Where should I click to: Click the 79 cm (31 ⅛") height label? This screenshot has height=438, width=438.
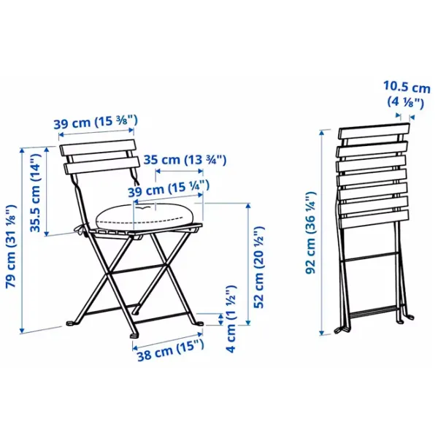(12, 247)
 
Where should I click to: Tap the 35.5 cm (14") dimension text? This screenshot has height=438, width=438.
(36, 193)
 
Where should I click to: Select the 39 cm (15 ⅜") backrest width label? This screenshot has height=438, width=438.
(96, 122)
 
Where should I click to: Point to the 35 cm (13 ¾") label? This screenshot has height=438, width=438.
(185, 160)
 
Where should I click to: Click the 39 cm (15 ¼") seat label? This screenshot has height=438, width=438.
(169, 189)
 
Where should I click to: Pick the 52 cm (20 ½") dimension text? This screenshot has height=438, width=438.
(258, 267)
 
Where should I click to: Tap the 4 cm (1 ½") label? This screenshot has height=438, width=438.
(231, 319)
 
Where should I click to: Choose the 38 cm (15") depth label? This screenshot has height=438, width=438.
(170, 350)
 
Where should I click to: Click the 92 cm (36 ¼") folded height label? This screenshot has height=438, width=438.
(311, 232)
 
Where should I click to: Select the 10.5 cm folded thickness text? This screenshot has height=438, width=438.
(406, 87)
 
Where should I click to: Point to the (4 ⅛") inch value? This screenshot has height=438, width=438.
(406, 102)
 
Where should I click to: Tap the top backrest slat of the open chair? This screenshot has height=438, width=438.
(98, 147)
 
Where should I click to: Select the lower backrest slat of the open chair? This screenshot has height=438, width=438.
(101, 166)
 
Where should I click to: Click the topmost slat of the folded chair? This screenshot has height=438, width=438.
(374, 131)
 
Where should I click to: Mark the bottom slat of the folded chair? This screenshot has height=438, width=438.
(374, 218)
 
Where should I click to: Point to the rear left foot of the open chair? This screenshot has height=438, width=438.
(72, 323)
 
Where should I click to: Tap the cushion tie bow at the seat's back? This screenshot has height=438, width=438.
(80, 229)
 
